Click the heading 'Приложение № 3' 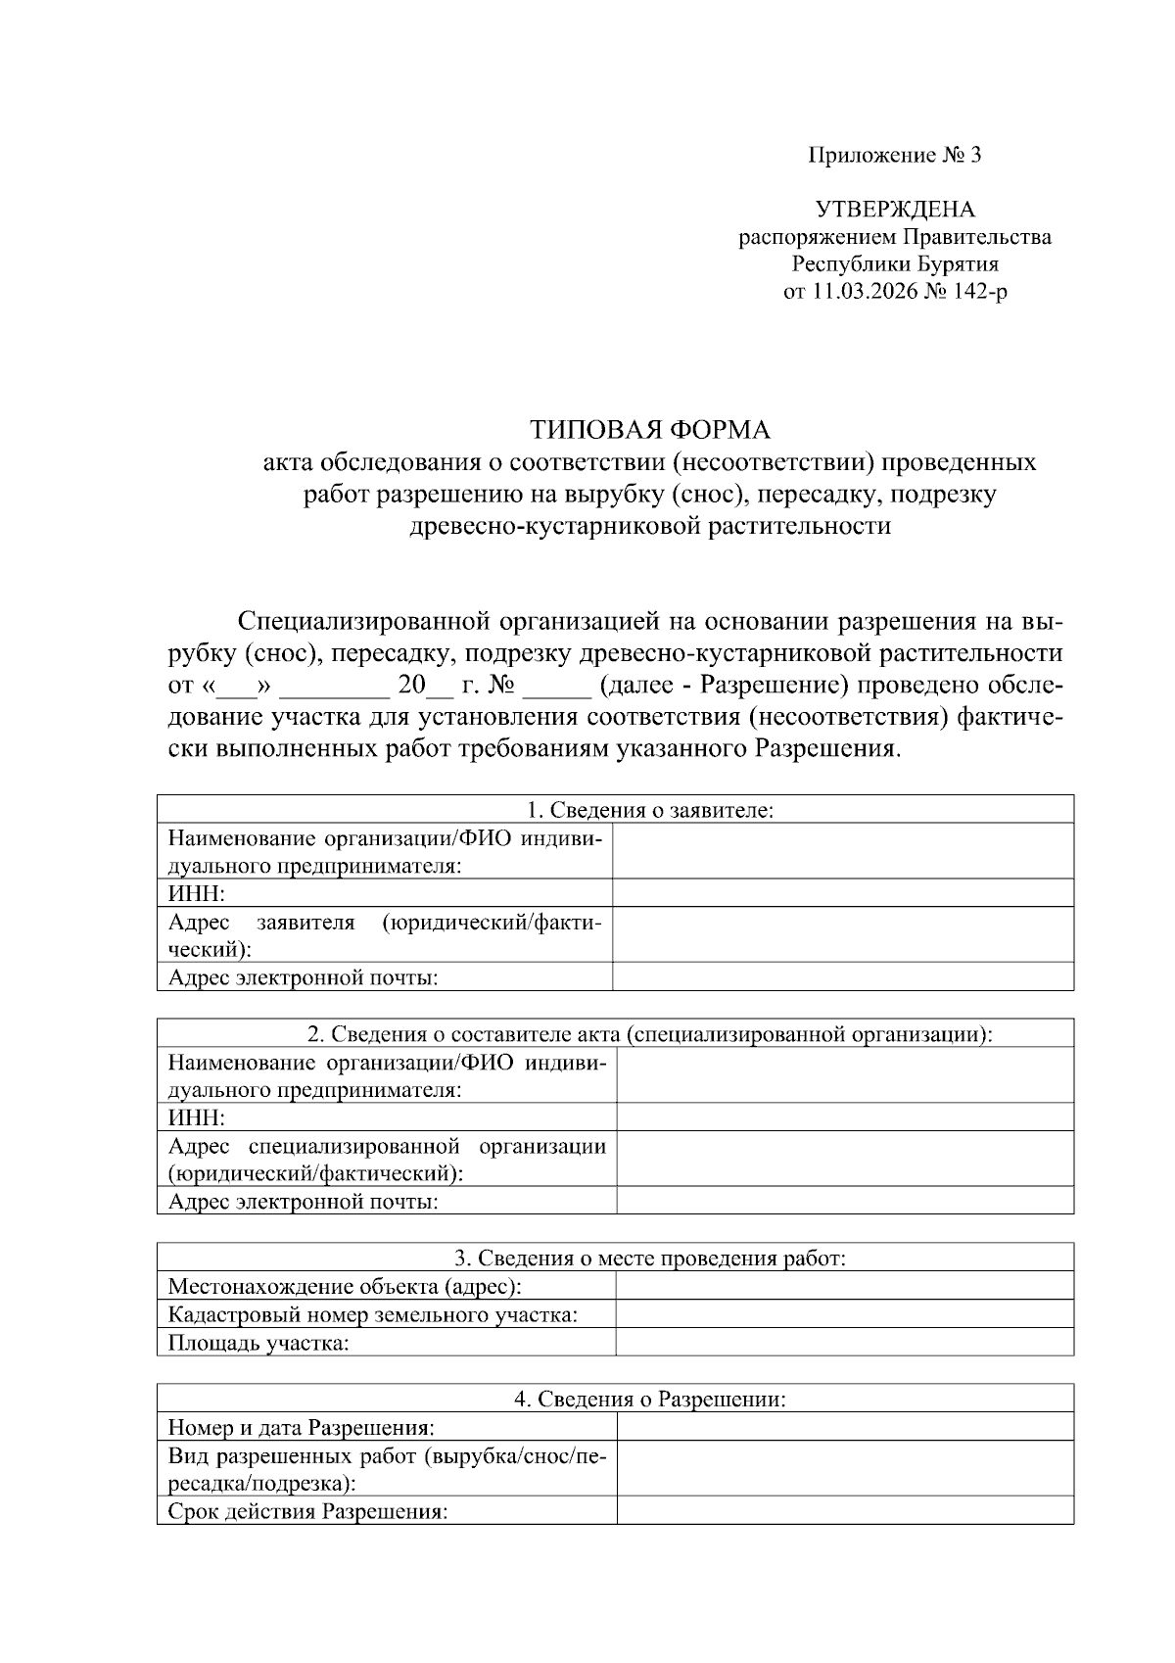893,155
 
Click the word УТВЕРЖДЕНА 895,210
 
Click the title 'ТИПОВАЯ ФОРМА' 649,430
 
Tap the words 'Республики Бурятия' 895,264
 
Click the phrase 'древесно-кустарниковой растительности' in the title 649,526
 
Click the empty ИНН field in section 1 842,893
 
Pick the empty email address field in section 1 842,976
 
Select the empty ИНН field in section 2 844,1117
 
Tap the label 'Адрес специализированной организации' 387,1146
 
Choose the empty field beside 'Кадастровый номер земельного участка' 844,1314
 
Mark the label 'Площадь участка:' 258,1343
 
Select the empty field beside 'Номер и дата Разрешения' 844,1427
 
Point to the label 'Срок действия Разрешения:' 307,1511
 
